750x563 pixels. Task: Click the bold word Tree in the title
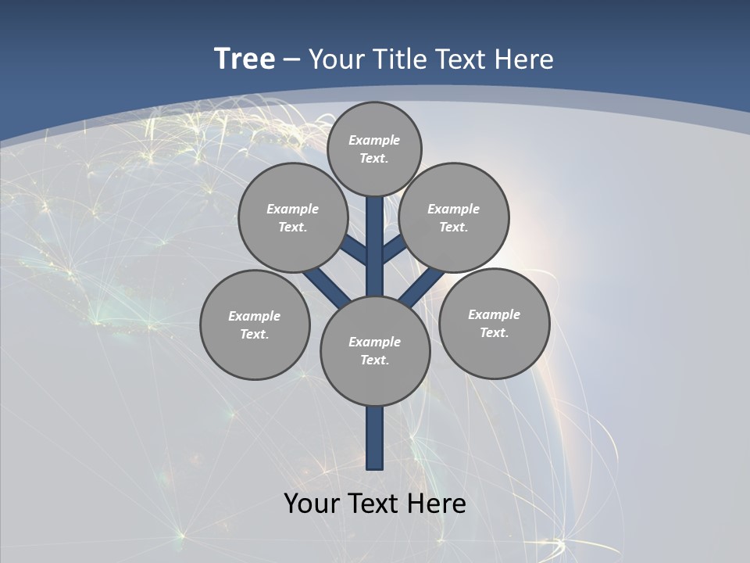coord(245,59)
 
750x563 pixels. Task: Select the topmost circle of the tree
coord(374,149)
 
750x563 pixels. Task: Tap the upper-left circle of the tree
coord(293,217)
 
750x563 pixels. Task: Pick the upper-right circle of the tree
coord(454,217)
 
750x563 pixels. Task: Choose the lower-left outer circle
coord(255,325)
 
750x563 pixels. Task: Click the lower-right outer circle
coord(494,323)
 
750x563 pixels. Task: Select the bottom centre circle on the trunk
coord(375,351)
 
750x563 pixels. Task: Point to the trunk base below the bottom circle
coord(375,438)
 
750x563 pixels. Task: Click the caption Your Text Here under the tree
coord(375,503)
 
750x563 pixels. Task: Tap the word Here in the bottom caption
coord(440,503)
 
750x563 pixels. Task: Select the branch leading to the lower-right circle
coord(422,287)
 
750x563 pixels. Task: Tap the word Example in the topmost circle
coord(374,140)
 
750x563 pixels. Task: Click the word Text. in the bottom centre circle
coord(374,360)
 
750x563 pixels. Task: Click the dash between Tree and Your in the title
coord(291,59)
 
